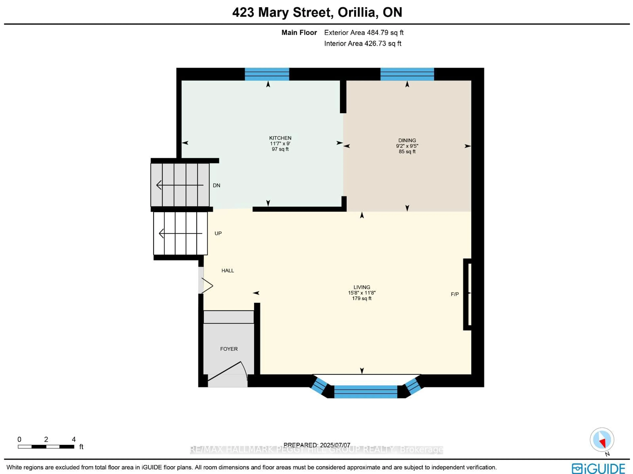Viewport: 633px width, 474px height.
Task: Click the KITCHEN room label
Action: (280, 138)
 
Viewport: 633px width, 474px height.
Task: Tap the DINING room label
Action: (407, 140)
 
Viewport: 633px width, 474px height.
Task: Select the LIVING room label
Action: (362, 287)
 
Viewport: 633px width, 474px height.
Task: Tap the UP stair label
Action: (218, 233)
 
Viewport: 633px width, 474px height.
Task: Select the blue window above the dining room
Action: (407, 74)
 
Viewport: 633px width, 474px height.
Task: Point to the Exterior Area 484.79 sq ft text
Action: (364, 33)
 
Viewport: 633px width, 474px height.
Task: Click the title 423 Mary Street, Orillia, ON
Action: (317, 12)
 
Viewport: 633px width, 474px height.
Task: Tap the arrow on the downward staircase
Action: (180, 185)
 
